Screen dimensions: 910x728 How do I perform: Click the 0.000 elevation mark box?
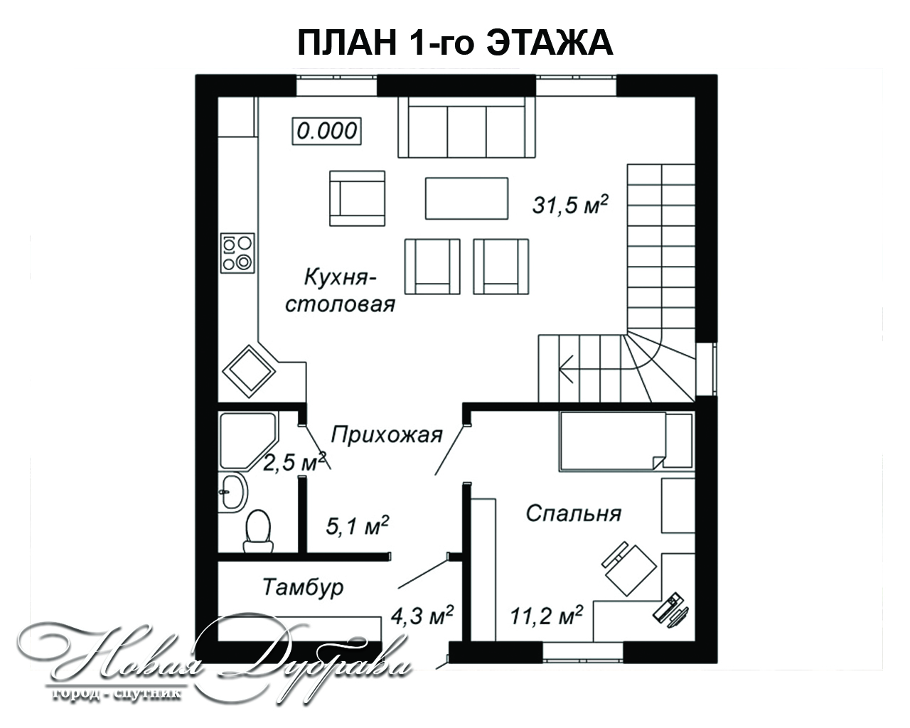(x=327, y=131)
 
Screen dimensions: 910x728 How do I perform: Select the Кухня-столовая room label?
(x=341, y=290)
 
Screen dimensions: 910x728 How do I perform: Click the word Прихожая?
(x=387, y=435)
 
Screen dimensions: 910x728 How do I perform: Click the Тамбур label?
(x=303, y=587)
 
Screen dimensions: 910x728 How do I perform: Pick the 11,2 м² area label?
(x=547, y=615)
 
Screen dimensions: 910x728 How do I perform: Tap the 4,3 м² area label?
(x=422, y=616)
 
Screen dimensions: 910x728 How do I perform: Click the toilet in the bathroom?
(x=257, y=531)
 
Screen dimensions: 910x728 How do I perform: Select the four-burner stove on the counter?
(x=237, y=253)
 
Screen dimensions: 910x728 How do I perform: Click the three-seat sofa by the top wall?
(x=467, y=127)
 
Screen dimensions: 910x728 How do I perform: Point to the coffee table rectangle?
(x=466, y=198)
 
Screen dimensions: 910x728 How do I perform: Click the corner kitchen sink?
(x=249, y=371)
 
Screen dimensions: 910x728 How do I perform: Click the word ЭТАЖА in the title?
(x=550, y=43)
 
